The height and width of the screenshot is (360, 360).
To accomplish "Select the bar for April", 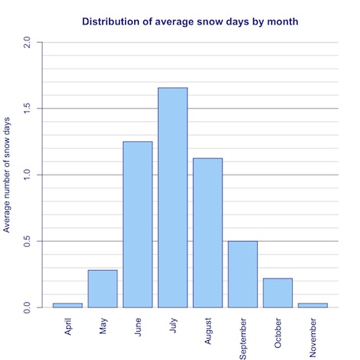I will click(67, 305).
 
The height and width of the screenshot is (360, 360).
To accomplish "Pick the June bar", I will click(137, 224).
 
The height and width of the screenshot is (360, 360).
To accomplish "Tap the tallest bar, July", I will click(172, 198).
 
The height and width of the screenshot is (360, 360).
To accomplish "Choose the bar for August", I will click(207, 233).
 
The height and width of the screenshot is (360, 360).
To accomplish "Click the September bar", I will click(243, 274).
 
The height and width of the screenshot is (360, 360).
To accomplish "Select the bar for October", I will click(278, 292).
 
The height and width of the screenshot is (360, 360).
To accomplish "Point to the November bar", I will click(313, 305).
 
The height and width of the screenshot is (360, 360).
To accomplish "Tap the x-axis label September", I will click(243, 335).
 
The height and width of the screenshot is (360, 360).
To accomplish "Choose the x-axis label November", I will click(313, 334).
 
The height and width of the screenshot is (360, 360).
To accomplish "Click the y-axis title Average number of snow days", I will click(7, 175).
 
